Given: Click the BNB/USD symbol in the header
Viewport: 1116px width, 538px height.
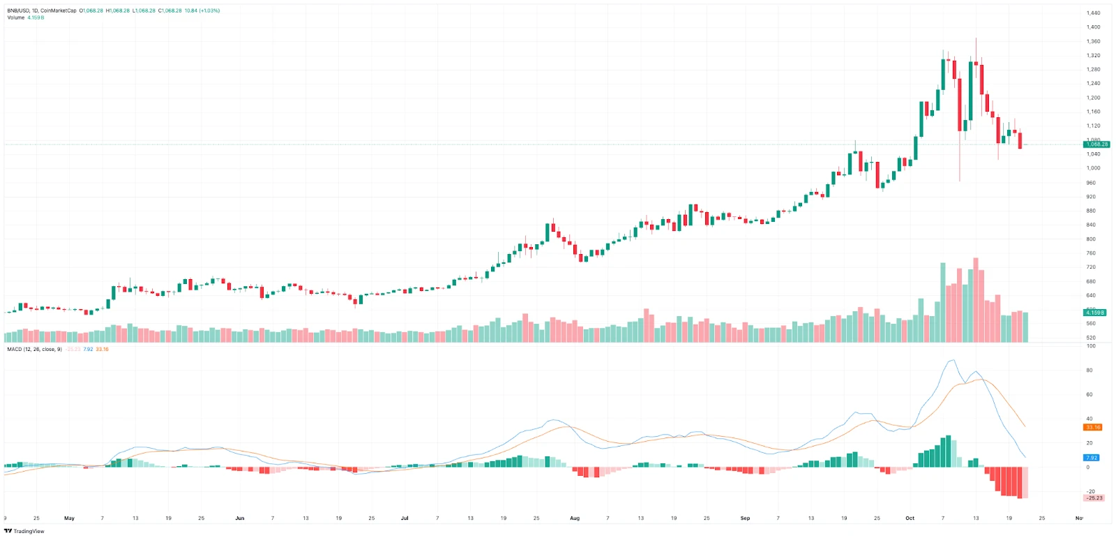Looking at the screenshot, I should pyautogui.click(x=18, y=10).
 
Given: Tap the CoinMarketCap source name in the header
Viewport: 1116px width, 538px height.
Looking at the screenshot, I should pyautogui.click(x=59, y=10).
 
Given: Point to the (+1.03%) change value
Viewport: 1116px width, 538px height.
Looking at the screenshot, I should pyautogui.click(x=209, y=10).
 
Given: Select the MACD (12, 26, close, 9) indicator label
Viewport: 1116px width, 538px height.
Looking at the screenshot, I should pyautogui.click(x=34, y=349).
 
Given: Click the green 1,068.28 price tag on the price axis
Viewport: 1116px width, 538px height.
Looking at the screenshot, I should pyautogui.click(x=1096, y=144).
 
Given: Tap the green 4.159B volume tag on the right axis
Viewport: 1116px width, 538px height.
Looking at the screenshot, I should pyautogui.click(x=1094, y=313).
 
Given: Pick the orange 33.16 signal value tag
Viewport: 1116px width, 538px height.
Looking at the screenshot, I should pyautogui.click(x=1092, y=427).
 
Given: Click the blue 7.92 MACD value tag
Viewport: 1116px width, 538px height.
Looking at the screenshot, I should pyautogui.click(x=1092, y=458).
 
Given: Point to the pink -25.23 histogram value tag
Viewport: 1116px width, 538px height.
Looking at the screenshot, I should pyautogui.click(x=1094, y=498).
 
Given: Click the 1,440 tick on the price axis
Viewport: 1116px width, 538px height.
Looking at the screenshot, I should pyautogui.click(x=1093, y=13).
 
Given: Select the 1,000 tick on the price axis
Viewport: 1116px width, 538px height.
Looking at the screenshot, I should pyautogui.click(x=1093, y=168).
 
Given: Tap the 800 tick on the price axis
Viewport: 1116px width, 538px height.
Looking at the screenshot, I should pyautogui.click(x=1091, y=239).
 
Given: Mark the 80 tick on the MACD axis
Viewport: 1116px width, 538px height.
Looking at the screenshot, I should pyautogui.click(x=1089, y=371).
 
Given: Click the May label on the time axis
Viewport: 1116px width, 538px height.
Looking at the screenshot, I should pyautogui.click(x=69, y=518).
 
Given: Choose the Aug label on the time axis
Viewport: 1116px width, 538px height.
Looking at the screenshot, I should pyautogui.click(x=575, y=518).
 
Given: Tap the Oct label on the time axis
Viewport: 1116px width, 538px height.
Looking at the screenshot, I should pyautogui.click(x=910, y=518).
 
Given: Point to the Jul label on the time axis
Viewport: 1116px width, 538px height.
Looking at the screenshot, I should pyautogui.click(x=405, y=518).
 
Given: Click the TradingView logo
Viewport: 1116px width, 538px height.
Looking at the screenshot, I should pyautogui.click(x=24, y=531).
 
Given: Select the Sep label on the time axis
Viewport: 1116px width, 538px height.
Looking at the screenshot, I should pyautogui.click(x=745, y=518).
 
